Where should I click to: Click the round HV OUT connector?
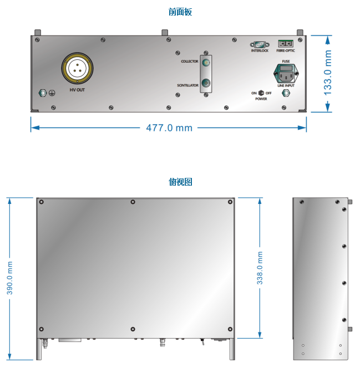coord(77,68)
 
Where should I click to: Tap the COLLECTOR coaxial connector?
coord(206,63)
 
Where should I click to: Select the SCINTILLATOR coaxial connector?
coord(206,83)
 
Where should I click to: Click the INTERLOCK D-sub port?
coord(260,44)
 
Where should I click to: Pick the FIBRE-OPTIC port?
coord(286,44)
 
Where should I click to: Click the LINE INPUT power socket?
coord(286,74)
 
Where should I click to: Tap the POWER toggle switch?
coord(261,93)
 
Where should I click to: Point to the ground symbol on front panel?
coord(52,93)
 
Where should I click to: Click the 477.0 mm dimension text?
coord(169,128)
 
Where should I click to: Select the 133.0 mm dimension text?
coord(328,73)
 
